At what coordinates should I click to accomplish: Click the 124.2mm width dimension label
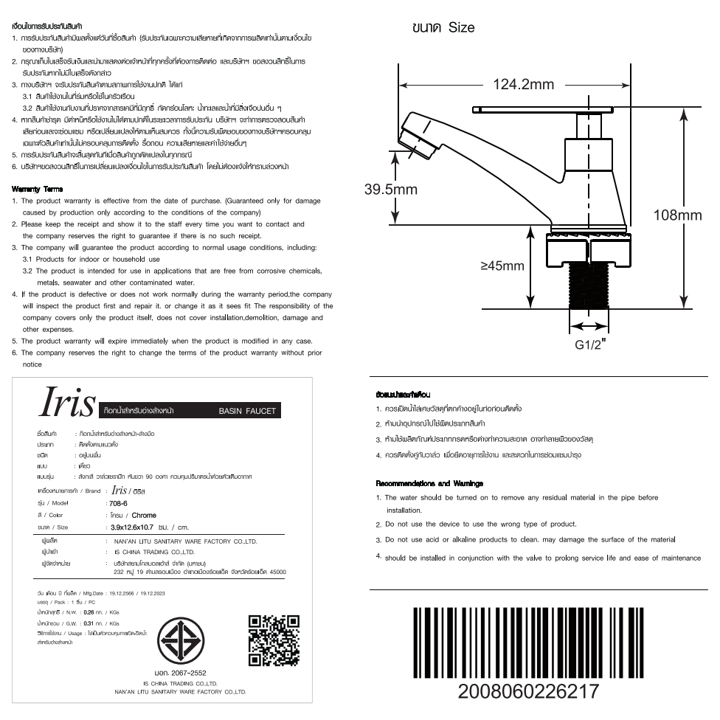523,85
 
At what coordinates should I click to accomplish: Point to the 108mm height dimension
678,215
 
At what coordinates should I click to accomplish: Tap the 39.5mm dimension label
391,190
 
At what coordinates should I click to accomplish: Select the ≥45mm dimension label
502,266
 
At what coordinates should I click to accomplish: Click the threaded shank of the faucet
584,287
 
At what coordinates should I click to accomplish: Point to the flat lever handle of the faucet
545,108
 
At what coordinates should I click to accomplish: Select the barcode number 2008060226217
529,692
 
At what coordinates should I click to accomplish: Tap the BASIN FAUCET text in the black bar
246,411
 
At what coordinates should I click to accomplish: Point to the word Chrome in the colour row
145,515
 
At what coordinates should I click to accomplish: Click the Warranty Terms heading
32,190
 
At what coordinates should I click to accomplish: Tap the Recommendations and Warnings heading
429,484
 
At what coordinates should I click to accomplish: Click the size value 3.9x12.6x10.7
131,527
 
